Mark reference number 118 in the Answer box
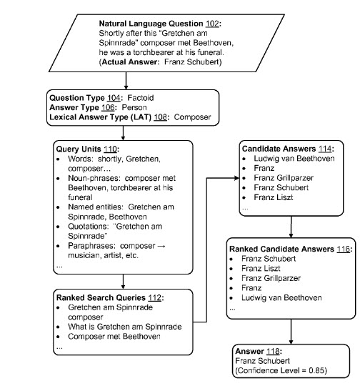[x=271, y=352]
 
